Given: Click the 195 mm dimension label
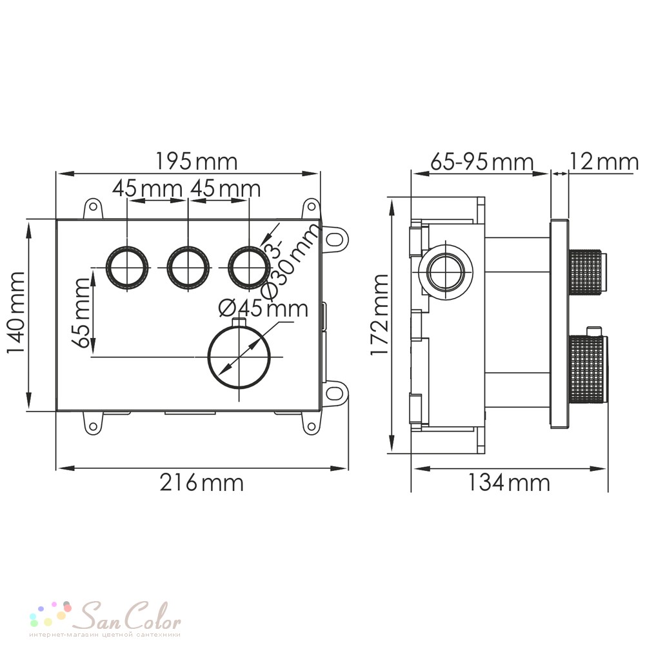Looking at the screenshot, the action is [x=196, y=162].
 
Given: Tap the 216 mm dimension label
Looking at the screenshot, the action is [x=201, y=482].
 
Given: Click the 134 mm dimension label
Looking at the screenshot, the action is [x=509, y=482].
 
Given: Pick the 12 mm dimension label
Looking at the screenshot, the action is [x=604, y=162].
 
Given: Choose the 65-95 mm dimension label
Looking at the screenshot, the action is [x=482, y=162].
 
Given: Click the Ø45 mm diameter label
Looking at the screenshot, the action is [x=263, y=308].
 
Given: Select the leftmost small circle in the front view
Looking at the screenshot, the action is [x=127, y=268].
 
